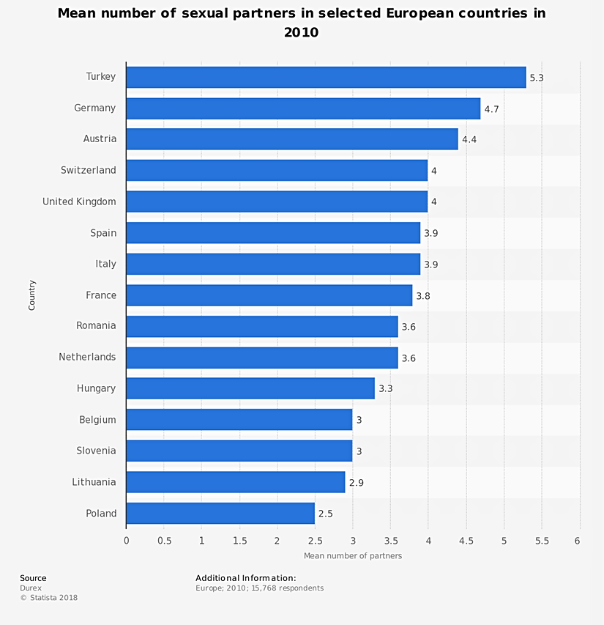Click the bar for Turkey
326,77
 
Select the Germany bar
303,108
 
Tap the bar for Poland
220,514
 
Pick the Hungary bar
250,388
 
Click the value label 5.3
537,77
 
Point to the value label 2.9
356,482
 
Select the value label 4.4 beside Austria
469,139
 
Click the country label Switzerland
89,171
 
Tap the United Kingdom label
79,201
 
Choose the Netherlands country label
87,358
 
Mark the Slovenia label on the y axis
96,451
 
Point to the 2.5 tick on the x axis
315,541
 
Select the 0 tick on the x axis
126,541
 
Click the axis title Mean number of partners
353,556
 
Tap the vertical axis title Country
32,295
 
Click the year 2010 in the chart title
301,33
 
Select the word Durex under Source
31,588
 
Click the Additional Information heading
245,579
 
